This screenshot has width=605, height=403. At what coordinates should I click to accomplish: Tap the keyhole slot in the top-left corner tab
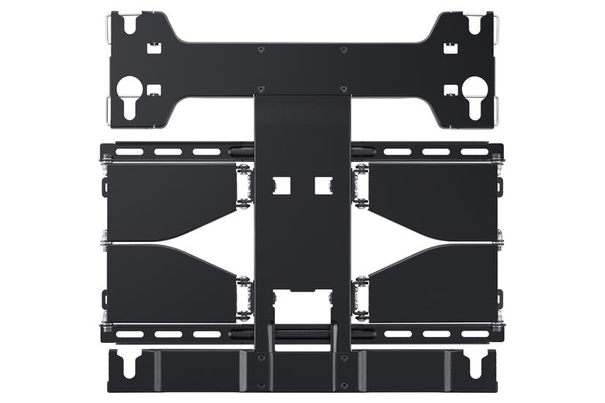[x=131, y=23]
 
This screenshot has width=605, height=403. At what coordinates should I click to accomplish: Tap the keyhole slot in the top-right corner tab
[x=474, y=23]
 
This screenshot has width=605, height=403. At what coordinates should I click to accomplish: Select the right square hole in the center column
[x=323, y=185]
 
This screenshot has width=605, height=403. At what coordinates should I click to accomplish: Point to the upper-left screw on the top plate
[x=262, y=50]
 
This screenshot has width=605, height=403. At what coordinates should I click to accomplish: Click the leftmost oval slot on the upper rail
[x=130, y=152]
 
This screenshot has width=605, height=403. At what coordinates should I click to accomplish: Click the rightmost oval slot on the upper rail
[x=475, y=152]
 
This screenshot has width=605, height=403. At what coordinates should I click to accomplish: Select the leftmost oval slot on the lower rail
[x=130, y=334]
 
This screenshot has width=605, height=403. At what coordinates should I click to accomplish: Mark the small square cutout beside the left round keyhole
[x=153, y=90]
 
